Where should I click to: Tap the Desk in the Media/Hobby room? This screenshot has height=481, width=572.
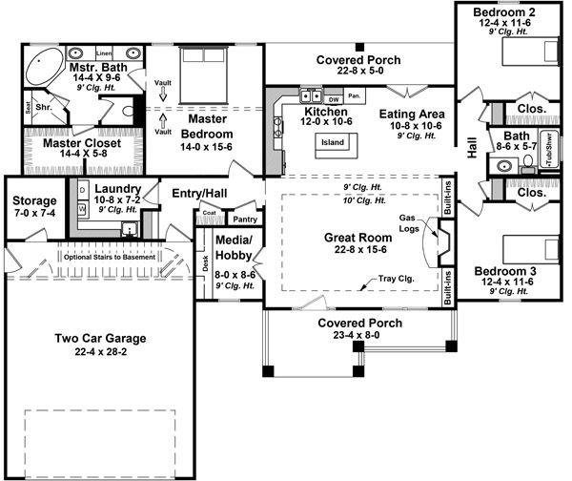click(205, 259)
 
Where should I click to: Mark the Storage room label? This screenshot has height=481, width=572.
click(36, 201)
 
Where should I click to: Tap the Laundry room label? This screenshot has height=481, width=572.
click(119, 190)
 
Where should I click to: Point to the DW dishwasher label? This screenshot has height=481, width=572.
click(334, 98)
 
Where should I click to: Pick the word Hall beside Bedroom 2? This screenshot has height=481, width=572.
click(471, 146)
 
